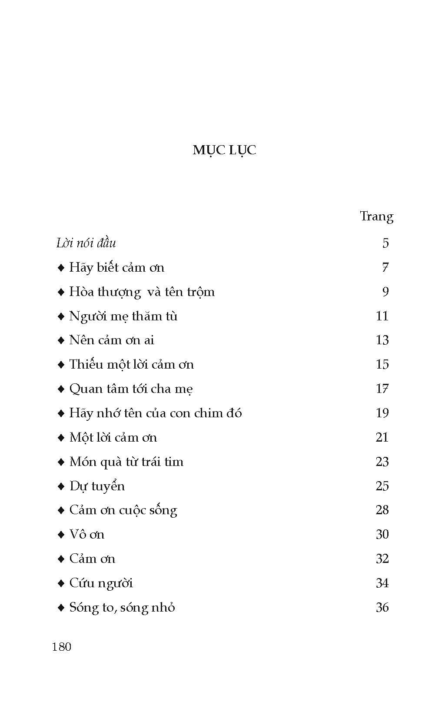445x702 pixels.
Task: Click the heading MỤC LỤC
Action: (224, 150)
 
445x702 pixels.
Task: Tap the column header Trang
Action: (376, 216)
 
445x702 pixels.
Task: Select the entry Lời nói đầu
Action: (86, 243)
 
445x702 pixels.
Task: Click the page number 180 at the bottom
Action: (61, 647)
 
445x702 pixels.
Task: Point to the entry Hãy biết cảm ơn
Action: (116, 267)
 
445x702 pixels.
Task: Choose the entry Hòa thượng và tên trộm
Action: (142, 292)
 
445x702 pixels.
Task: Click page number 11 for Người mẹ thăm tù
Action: (382, 316)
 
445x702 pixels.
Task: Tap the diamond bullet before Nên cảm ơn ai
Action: (61, 340)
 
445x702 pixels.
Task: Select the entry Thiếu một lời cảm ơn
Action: (131, 364)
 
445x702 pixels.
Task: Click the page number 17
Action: (382, 389)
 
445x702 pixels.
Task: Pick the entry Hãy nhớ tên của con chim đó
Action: (155, 413)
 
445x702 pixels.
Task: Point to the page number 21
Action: (382, 437)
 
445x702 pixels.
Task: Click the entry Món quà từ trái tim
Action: (126, 462)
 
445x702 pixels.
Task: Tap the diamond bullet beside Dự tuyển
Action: (61, 486)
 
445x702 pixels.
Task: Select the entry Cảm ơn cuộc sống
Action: (123, 510)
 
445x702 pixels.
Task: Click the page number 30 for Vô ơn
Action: (382, 534)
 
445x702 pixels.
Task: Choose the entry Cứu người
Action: (101, 583)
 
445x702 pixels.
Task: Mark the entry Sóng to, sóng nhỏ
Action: (122, 607)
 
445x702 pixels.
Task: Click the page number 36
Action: (382, 607)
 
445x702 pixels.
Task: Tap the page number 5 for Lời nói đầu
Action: (385, 243)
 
